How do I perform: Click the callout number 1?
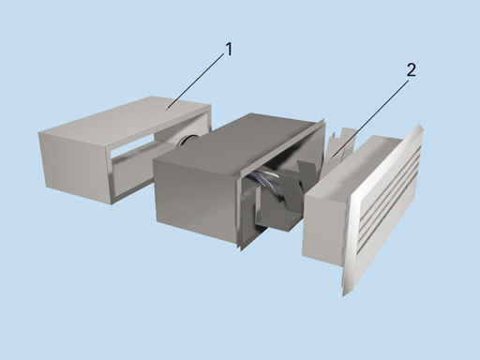[230, 50]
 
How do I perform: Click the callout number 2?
[412, 70]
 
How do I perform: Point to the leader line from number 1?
[196, 82]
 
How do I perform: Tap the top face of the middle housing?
[237, 138]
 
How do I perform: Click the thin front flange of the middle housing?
[281, 185]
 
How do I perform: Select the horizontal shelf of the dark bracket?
[275, 224]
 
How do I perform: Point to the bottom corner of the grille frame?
[343, 295]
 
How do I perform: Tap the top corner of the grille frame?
[420, 125]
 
